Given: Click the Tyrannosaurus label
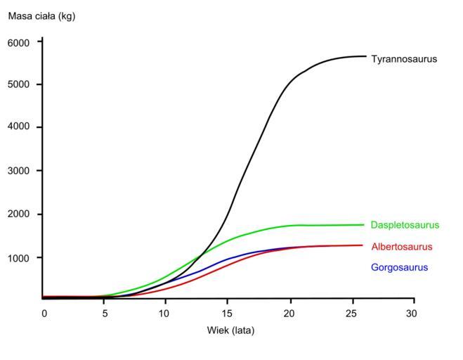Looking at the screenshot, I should pos(404,59).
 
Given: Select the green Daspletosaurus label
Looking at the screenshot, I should pos(405,225).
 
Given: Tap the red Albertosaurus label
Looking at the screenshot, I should pos(401,247).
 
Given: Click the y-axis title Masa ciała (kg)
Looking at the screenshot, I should pos(41,16).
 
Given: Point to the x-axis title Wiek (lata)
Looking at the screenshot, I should pos(230,330).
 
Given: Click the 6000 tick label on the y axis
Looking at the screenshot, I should pos(19,42).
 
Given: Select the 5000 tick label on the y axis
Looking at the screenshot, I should pos(19,85).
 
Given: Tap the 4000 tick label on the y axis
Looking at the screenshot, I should pos(19,127).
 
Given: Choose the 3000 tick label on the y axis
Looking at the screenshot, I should pos(19,171).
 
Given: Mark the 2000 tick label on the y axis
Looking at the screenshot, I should pos(19,214).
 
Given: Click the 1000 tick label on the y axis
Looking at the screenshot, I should pos(19,258).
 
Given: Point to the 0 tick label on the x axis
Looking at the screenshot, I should pos(44,311).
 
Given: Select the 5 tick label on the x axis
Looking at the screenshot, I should pos(104,311).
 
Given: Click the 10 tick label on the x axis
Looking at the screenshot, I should pos(164,311).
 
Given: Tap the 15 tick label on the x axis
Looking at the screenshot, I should pos(228,311).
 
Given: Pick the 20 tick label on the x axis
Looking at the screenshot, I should pos(290,311).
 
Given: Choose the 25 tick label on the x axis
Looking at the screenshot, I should pos(352,311).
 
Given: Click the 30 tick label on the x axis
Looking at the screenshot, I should pos(414,311).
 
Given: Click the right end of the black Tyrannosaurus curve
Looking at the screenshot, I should pos(365,56).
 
